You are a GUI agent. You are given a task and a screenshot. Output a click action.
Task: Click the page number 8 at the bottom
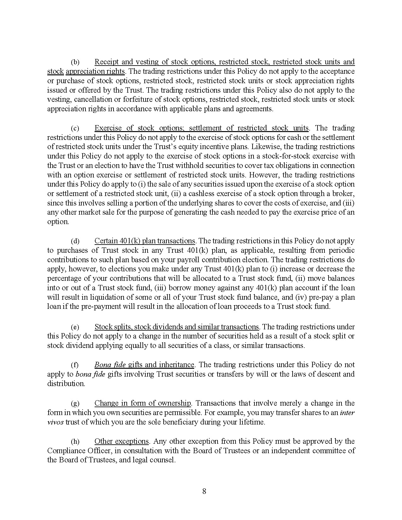[x=204, y=491]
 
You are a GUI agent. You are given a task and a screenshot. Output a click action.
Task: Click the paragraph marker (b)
[x=75, y=62]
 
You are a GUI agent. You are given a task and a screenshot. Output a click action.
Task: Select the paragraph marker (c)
[x=75, y=128]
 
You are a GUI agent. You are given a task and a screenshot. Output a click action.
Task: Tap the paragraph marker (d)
[x=75, y=241]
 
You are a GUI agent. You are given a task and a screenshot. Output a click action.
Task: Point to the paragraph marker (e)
[x=75, y=327]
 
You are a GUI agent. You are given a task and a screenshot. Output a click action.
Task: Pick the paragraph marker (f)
[x=75, y=365]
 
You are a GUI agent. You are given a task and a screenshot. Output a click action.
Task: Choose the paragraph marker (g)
[x=75, y=403]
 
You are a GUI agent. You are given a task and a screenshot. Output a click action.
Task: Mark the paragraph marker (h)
[x=75, y=442]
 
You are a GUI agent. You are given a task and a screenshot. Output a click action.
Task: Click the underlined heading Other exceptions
[x=121, y=441]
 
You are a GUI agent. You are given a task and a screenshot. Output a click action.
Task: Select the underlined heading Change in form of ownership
[x=143, y=403]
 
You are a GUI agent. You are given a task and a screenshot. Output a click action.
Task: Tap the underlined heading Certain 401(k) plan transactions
[x=145, y=241]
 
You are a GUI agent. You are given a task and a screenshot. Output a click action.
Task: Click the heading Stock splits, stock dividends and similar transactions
[x=177, y=327]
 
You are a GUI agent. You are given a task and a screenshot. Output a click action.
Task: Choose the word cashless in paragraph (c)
[x=198, y=194]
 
